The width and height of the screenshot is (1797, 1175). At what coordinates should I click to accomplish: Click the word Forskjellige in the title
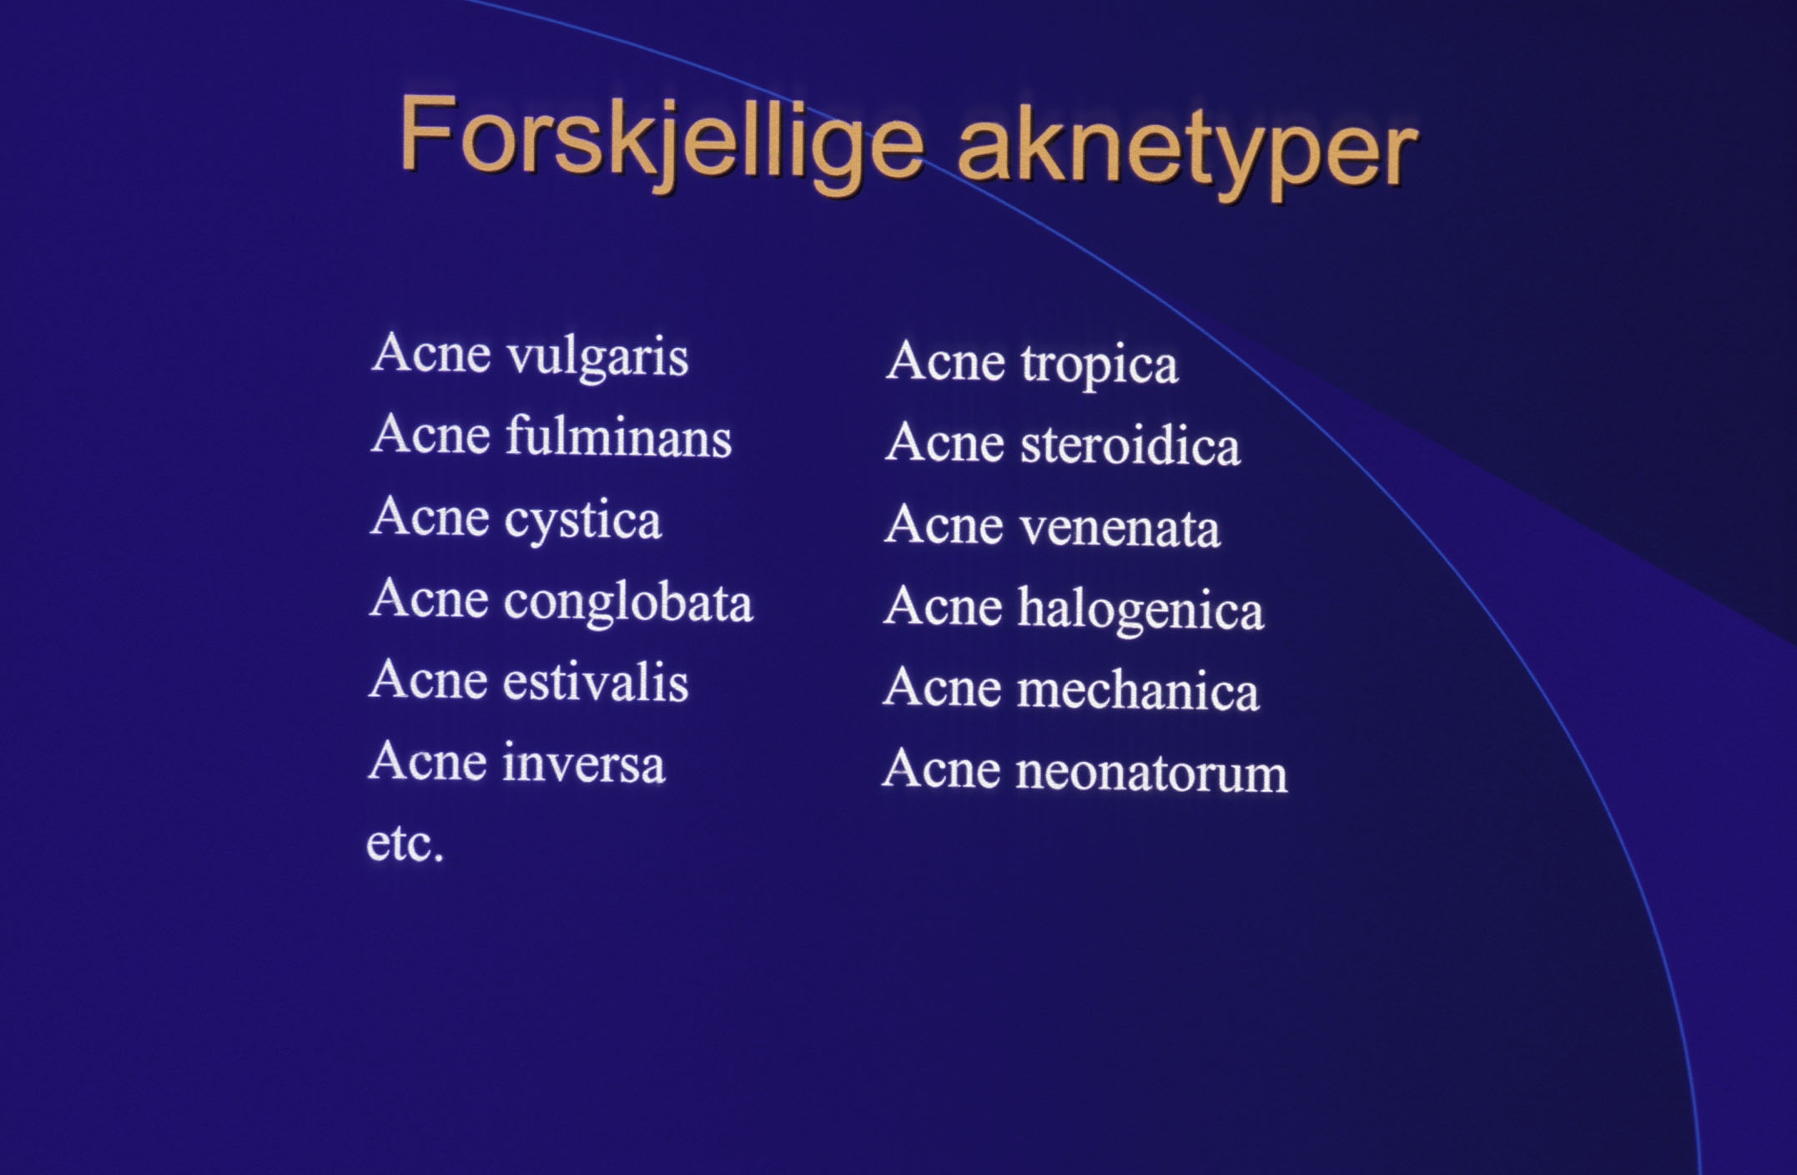point(662,141)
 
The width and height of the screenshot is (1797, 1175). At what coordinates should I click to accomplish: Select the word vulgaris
point(597,357)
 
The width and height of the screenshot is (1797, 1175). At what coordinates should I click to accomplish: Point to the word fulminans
point(618,436)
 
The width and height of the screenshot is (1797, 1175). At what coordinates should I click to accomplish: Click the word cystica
point(582,520)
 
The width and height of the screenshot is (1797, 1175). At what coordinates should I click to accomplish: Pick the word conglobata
point(628,601)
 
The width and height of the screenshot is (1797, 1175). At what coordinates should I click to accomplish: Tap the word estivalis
point(596,681)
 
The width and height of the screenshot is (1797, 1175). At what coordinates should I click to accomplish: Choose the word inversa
point(583,763)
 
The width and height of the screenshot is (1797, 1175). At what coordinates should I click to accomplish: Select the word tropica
point(1099,366)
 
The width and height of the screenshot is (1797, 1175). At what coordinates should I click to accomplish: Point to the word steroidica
point(1130,444)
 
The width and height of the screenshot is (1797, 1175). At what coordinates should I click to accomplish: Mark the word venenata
point(1119,527)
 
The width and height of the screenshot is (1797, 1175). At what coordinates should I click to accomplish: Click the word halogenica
point(1140,608)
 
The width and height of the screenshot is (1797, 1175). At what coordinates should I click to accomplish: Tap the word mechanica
point(1138,689)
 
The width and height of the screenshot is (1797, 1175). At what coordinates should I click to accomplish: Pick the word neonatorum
point(1151,772)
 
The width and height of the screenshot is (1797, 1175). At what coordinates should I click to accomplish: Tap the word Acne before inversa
point(427,760)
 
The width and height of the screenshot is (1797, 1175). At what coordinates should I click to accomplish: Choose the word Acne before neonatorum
point(941,769)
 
